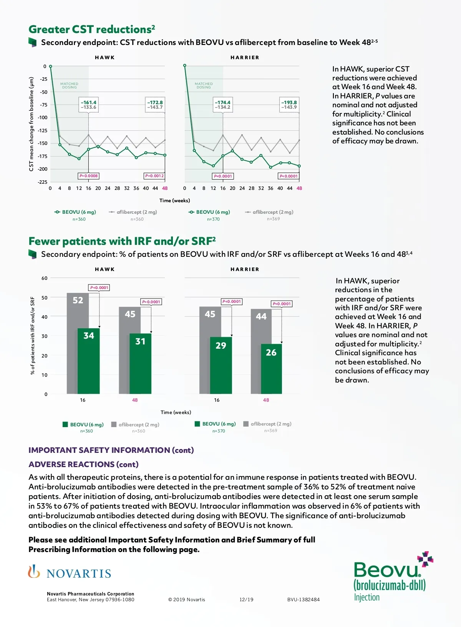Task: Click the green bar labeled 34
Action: click(x=89, y=361)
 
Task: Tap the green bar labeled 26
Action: click(x=271, y=369)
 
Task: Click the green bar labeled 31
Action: click(x=140, y=364)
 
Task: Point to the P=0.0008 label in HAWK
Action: click(x=89, y=176)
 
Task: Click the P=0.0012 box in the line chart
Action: click(x=154, y=176)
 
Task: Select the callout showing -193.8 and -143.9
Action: click(x=289, y=105)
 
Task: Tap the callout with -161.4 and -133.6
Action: click(x=89, y=105)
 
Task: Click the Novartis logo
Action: click(x=70, y=573)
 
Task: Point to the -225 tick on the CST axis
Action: click(x=43, y=182)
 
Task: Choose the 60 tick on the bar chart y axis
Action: click(x=45, y=278)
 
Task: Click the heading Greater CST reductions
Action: click(x=92, y=30)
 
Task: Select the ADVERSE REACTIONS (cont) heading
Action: click(x=83, y=464)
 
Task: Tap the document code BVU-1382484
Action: click(x=303, y=600)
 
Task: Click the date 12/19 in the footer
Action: click(x=246, y=600)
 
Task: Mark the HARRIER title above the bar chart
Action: click(x=245, y=269)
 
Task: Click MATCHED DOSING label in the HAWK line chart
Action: click(x=69, y=85)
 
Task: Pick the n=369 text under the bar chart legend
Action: click(x=270, y=431)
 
